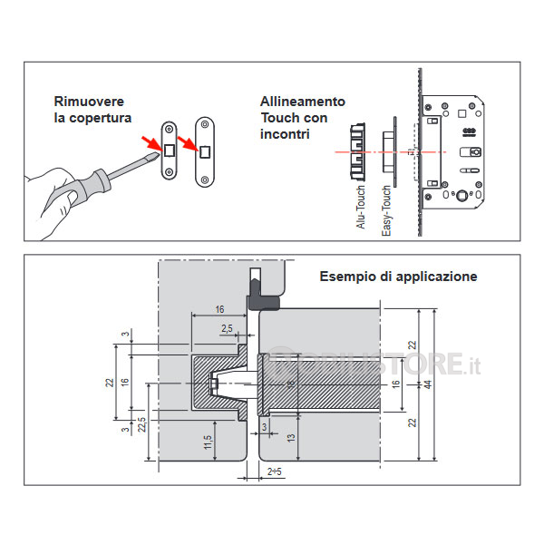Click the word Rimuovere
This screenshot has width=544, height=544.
tap(89, 101)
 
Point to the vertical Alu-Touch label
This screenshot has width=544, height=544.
tap(361, 208)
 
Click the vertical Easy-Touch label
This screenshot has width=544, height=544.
tap(386, 211)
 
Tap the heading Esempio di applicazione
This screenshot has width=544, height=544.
tap(399, 277)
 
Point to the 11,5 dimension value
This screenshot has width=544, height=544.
tap(207, 442)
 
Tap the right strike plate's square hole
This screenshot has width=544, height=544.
tap(205, 150)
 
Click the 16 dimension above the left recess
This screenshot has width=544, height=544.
tap(219, 309)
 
